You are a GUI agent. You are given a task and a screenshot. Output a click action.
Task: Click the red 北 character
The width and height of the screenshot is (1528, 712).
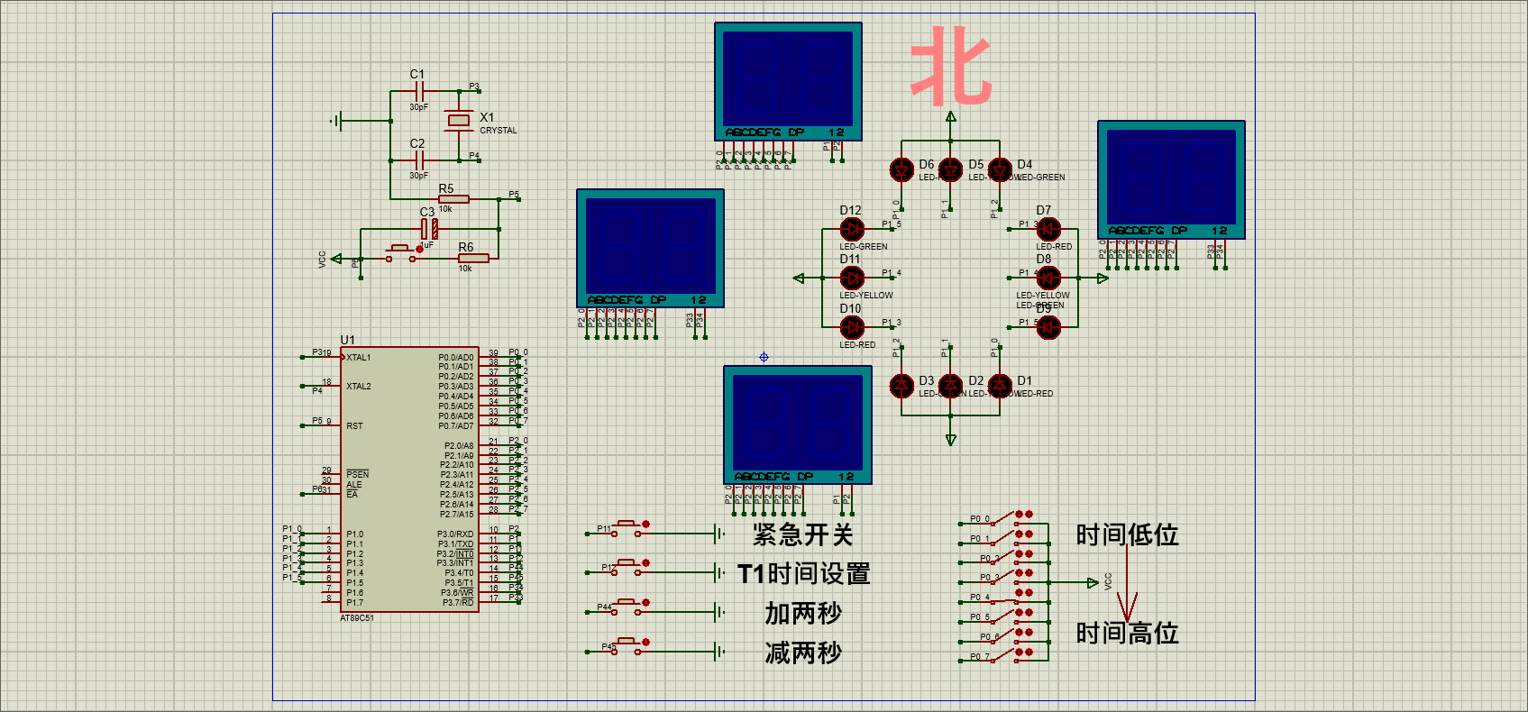pyautogui.click(x=950, y=65)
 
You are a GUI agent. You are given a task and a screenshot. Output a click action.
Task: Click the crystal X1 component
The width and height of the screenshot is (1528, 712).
pyautogui.click(x=459, y=120)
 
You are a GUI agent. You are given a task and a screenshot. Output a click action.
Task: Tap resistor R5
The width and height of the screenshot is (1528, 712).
pyautogui.click(x=453, y=199)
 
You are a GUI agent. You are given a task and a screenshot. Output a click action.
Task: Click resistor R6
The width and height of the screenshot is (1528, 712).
pyautogui.click(x=472, y=259)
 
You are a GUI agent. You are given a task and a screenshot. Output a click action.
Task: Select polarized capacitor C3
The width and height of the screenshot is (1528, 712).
pyautogui.click(x=429, y=228)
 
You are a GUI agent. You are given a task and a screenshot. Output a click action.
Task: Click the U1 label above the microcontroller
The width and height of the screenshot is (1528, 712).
pyautogui.click(x=347, y=340)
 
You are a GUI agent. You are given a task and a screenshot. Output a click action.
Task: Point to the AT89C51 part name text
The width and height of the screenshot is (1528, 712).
pyautogui.click(x=356, y=618)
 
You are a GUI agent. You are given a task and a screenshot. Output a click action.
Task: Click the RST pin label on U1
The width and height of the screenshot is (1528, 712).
pyautogui.click(x=354, y=426)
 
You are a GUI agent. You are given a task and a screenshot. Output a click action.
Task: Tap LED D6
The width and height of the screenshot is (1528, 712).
pyautogui.click(x=901, y=169)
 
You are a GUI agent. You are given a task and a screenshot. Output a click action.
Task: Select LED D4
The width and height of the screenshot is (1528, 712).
pyautogui.click(x=1000, y=169)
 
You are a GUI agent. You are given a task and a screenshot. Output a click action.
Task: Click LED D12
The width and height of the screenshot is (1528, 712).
pyautogui.click(x=852, y=230)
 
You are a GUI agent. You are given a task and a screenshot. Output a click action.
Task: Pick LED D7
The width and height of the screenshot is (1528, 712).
pyautogui.click(x=1048, y=230)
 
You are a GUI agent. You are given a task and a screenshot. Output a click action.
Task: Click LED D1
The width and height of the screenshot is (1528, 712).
pyautogui.click(x=1000, y=386)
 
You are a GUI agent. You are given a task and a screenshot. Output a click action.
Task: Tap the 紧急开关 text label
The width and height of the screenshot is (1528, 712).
pyautogui.click(x=802, y=534)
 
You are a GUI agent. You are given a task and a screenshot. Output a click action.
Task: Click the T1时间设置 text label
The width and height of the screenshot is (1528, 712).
pyautogui.click(x=803, y=574)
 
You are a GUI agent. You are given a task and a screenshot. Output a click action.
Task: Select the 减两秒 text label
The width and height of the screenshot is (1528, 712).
pyautogui.click(x=802, y=653)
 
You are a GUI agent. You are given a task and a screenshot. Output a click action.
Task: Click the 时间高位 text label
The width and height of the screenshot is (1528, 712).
pyautogui.click(x=1127, y=633)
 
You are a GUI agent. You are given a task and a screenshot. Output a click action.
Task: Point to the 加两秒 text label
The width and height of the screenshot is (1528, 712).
pyautogui.click(x=802, y=614)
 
